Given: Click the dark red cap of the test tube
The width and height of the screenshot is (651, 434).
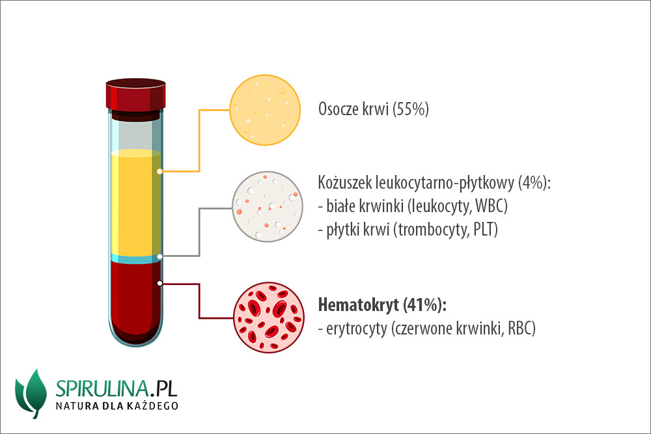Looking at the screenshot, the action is click(x=136, y=94).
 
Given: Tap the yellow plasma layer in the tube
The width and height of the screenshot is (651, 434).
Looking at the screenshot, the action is click(x=136, y=202).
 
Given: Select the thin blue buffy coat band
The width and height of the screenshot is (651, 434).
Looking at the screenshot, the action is click(x=136, y=260).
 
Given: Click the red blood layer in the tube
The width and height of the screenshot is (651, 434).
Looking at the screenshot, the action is click(x=136, y=301).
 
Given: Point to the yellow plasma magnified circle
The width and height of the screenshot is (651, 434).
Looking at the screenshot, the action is click(x=265, y=110).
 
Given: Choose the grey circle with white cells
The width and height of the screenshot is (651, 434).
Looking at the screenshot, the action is click(x=268, y=206).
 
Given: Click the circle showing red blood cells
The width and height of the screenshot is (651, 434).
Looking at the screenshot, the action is click(x=269, y=318).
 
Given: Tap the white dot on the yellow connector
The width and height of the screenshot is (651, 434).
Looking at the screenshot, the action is click(x=159, y=171).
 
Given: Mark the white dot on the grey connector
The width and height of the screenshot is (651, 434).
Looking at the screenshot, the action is click(x=160, y=256).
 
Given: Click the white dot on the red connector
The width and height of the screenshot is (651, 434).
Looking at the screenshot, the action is click(x=160, y=284).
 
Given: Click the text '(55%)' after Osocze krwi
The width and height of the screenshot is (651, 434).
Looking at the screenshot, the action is click(x=411, y=109).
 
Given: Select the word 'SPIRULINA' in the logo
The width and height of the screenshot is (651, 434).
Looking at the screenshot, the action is click(x=102, y=388).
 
